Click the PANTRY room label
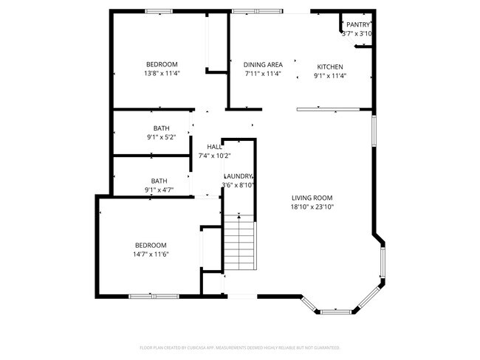358,24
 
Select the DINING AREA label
263,65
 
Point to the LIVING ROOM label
312,198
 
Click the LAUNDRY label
239,176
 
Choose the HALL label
214,147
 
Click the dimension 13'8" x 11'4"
162,74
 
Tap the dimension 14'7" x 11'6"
150,255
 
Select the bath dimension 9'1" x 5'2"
161,136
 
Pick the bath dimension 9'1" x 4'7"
159,190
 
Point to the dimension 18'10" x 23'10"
312,207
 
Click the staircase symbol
239,243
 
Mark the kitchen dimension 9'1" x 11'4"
330,75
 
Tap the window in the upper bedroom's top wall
159,11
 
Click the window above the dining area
256,11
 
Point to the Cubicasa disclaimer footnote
239,347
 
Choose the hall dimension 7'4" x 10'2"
215,156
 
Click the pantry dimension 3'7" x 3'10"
357,34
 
